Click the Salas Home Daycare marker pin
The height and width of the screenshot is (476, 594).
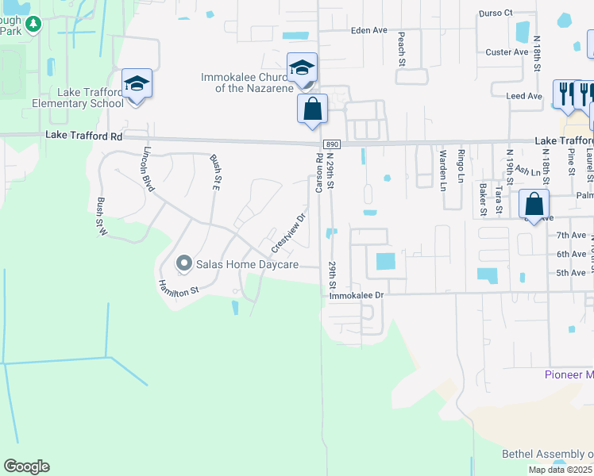coord(184,263)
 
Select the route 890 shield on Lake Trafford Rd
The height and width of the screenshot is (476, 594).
coord(332,144)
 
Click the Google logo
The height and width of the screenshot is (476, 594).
coord(27,466)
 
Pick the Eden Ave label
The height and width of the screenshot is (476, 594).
coord(369,30)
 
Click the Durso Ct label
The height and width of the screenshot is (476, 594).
coord(497,13)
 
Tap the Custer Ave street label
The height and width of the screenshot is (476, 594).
coord(507,52)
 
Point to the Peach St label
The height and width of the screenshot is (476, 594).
coord(402,48)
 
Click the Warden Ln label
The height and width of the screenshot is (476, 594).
coord(443,171)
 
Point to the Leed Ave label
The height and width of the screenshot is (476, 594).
coord(524,96)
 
